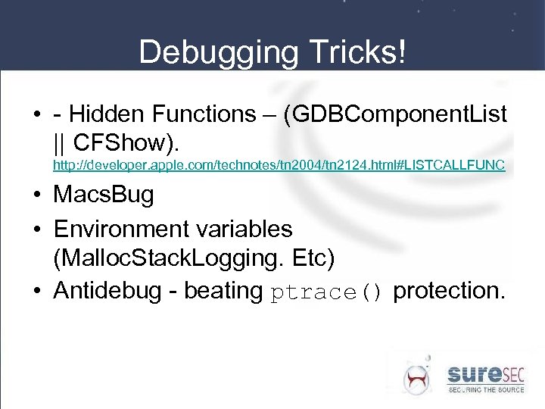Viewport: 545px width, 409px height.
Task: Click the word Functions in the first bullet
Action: pos(204,114)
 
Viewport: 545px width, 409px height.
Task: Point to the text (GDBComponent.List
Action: pos(393,114)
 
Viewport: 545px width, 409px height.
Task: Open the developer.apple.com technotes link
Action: pos(279,164)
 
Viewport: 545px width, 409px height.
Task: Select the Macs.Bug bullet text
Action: pos(103,195)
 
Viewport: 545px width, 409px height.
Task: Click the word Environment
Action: pos(121,228)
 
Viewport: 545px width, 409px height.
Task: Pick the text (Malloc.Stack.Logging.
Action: pos(166,258)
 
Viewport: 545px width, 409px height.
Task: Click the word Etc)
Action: pos(309,258)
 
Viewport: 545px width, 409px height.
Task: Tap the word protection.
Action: pos(448,291)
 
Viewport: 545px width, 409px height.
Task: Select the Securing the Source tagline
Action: pos(486,389)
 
